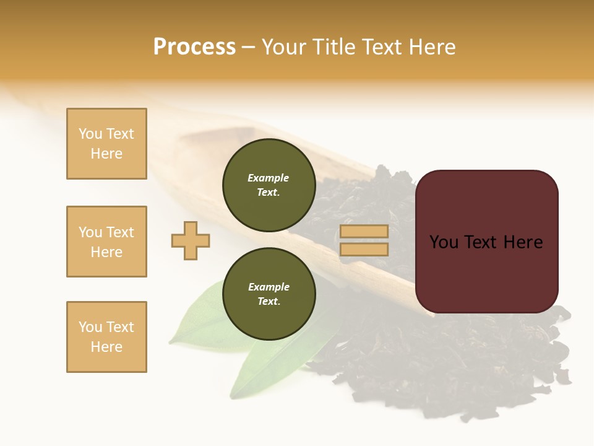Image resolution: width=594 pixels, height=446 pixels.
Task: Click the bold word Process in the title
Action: tap(194, 47)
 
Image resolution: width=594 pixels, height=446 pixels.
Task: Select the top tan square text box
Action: tap(106, 144)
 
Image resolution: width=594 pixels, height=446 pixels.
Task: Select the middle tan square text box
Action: tap(106, 242)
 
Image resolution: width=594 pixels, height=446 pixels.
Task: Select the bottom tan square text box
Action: tap(106, 337)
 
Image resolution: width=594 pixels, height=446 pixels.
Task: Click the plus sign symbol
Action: tap(191, 240)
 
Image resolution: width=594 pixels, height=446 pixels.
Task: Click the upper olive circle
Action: tap(269, 185)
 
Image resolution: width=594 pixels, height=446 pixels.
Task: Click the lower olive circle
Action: tap(269, 294)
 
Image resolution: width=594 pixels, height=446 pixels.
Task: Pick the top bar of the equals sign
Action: tap(364, 231)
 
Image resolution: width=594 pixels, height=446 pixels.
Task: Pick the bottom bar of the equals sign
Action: tap(364, 250)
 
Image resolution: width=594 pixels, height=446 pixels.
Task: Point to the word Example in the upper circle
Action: tap(269, 178)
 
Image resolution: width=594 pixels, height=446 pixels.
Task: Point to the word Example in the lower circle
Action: tap(269, 287)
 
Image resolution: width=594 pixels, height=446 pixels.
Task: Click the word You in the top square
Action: tap(90, 134)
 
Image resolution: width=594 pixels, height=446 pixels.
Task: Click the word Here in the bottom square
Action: tap(106, 347)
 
